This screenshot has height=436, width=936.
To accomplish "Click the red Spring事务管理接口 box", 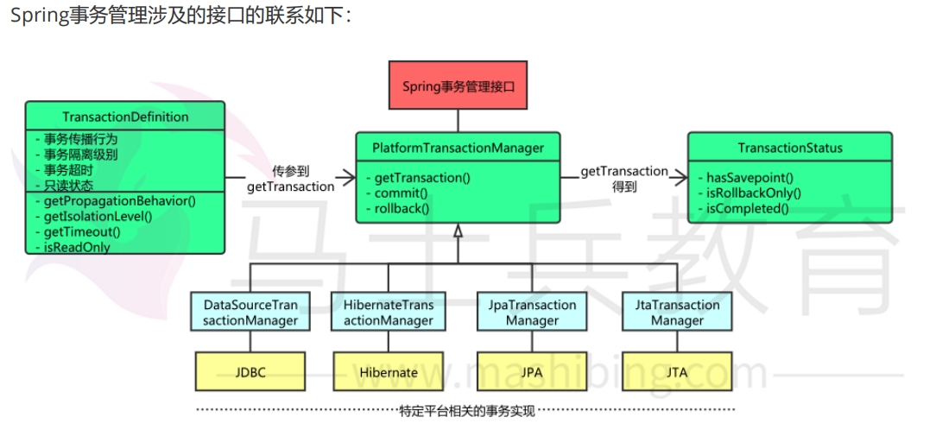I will coord(458,87).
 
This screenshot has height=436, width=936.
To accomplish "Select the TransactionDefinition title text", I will coord(125,117).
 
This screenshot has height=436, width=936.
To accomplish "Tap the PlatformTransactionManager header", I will coord(458,148).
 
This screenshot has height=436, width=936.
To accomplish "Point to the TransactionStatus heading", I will coord(789,148).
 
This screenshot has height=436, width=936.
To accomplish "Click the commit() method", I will coord(402,193).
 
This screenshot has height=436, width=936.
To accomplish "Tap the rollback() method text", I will coord(402,209).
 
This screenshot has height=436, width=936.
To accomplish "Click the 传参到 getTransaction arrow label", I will coord(290,179).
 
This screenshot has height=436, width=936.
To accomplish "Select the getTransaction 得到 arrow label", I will coord(623,179).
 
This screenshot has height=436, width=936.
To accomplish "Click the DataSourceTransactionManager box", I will coord(250,313).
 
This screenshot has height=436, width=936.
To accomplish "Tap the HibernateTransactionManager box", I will coord(389,313).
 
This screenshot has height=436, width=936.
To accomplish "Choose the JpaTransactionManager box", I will coord(533,313).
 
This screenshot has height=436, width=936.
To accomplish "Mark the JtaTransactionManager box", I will coord(678,313).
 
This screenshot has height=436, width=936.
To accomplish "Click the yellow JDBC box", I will coord(250,372).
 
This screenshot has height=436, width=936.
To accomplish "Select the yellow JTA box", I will coord(678,372).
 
